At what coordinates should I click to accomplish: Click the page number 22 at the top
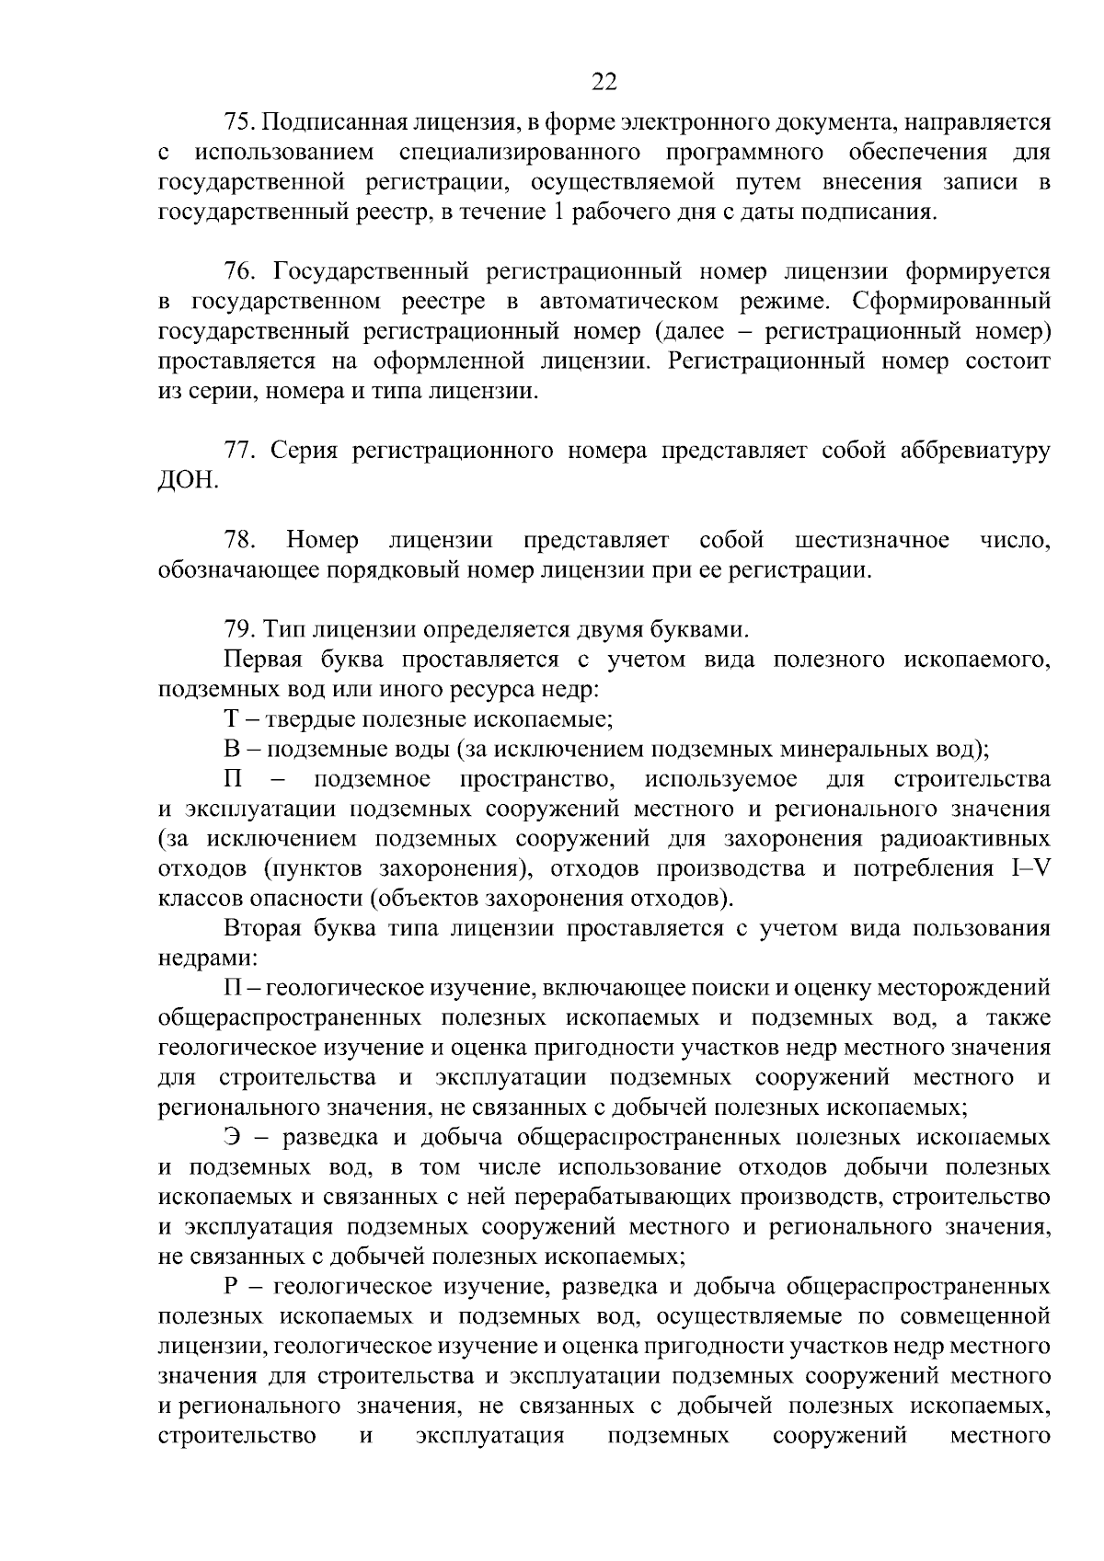tap(604, 83)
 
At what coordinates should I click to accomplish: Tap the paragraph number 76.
tap(237, 271)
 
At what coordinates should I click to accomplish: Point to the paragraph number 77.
tap(237, 450)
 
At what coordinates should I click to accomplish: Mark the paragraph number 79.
tap(237, 629)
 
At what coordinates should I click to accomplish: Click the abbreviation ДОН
tap(188, 480)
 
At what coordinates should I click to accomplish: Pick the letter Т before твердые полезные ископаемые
tap(231, 718)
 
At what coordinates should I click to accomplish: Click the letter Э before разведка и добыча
tap(232, 1137)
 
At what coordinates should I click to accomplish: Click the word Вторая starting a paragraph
tap(262, 927)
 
